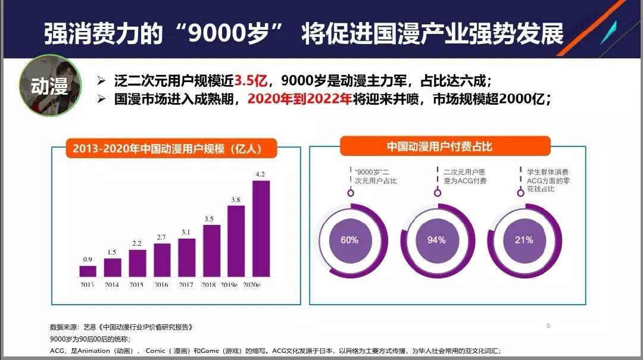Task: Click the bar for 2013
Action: pyautogui.click(x=88, y=271)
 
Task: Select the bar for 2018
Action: pyautogui.click(x=211, y=251)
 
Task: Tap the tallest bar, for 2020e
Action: pyautogui.click(x=261, y=228)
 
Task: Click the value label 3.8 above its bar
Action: pyautogui.click(x=236, y=200)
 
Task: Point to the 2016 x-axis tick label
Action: pyautogui.click(x=162, y=285)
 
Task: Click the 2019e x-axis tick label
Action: pyautogui.click(x=236, y=285)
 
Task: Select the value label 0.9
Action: pyautogui.click(x=88, y=259)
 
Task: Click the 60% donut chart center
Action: pyautogui.click(x=349, y=240)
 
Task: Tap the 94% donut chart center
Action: pyautogui.click(x=436, y=240)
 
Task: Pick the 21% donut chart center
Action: pyautogui.click(x=524, y=240)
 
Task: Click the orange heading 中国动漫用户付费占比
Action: pyautogui.click(x=440, y=146)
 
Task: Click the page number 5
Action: pyautogui.click(x=548, y=325)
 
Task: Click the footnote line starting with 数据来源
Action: pyautogui.click(x=121, y=327)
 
